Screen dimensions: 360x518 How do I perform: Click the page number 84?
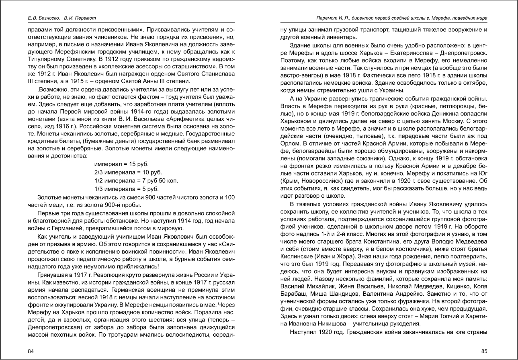pos(31,351)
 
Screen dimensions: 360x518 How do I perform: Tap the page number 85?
pos(484,351)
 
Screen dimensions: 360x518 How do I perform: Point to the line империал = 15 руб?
pos(121,164)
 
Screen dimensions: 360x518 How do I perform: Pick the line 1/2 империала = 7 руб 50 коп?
pos(136,180)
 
